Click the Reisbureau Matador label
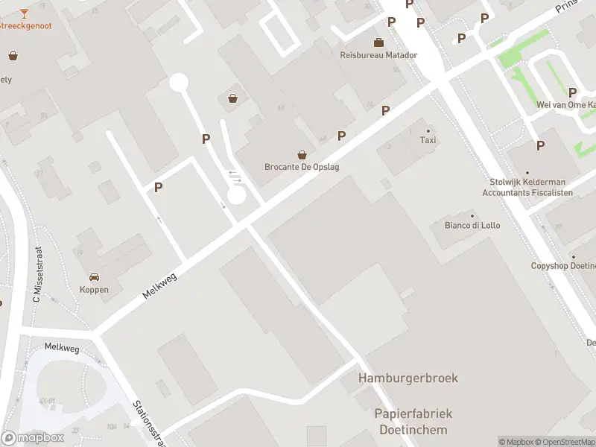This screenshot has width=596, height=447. click(378, 55)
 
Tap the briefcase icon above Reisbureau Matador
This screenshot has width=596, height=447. click(378, 42)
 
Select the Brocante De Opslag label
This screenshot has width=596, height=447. click(302, 167)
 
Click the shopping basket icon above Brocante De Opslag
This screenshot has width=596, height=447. click(302, 155)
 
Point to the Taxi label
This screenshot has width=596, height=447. click(428, 140)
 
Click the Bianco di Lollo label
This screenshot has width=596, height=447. click(472, 225)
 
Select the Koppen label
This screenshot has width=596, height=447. click(94, 290)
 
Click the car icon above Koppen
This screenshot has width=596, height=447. click(94, 277)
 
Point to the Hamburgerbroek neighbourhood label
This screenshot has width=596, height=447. click(408, 378)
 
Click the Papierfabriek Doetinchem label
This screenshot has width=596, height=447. click(413, 422)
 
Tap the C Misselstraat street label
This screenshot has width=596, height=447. click(36, 275)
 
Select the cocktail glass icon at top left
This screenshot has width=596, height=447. click(24, 13)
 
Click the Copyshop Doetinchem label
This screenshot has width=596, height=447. click(563, 266)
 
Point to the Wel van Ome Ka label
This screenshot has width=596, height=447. click(566, 105)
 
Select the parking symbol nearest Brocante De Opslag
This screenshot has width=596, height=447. click(342, 136)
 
